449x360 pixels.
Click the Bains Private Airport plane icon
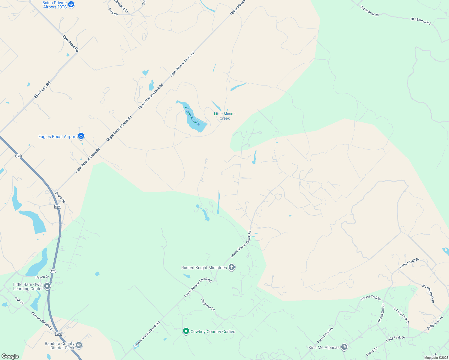tap(71, 4)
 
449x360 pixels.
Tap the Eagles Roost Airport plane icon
tap(81, 136)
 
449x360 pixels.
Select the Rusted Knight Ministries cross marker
tap(231, 267)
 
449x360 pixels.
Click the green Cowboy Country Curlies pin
tap(186, 331)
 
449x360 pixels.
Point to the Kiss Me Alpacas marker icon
tap(344, 347)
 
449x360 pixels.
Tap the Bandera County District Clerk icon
tap(79, 345)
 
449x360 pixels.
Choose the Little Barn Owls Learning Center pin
tap(47, 286)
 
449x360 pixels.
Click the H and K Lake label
tap(192, 116)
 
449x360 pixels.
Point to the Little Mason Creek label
tap(225, 116)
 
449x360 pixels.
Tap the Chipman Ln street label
tap(208, 304)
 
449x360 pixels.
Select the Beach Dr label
tap(42, 277)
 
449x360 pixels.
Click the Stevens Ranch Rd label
tap(42, 321)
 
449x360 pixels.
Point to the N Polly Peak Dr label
tap(428, 294)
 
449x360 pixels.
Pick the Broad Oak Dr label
tap(381, 313)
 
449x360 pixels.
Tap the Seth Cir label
tap(113, 12)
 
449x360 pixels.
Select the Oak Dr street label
tap(19, 300)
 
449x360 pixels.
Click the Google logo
tap(10, 356)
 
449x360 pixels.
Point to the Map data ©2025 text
tap(436, 358)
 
